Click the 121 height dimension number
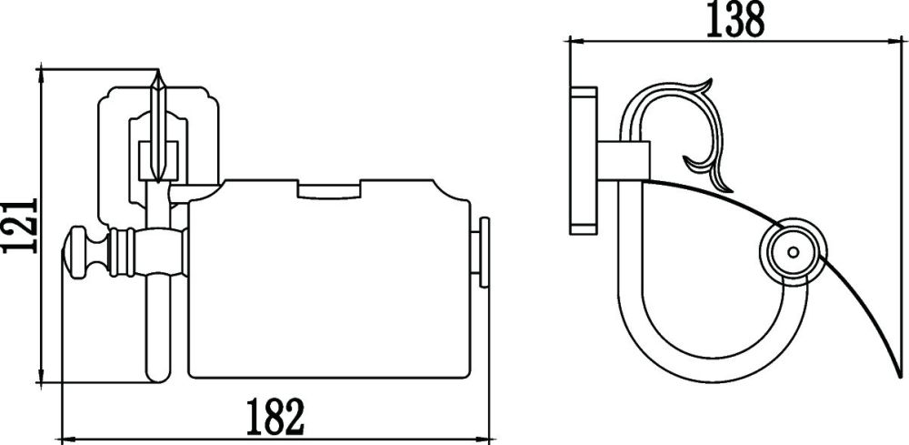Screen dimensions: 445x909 pyautogui.click(x=20, y=225)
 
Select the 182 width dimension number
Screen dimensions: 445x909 pyautogui.click(x=274, y=417)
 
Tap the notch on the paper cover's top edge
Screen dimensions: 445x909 pyautogui.click(x=330, y=190)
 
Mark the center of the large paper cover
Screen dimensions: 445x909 pyautogui.click(x=332, y=282)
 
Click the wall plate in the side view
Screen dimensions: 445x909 pyautogui.click(x=582, y=159)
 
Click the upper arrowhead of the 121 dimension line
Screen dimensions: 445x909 pyautogui.click(x=42, y=73)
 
